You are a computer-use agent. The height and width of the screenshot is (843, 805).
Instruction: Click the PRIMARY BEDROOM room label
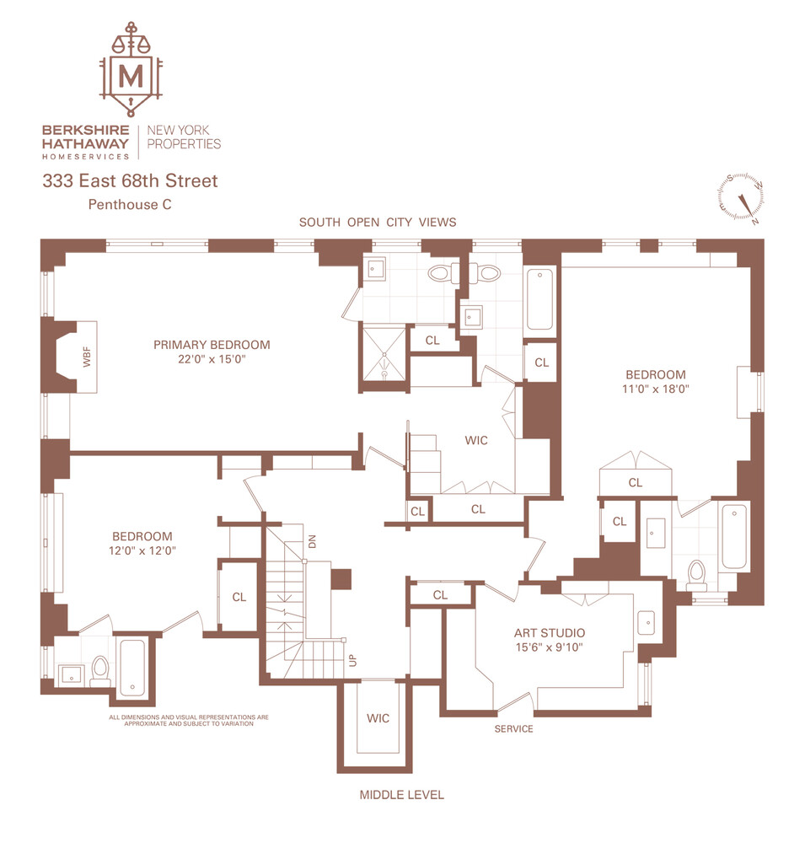212,345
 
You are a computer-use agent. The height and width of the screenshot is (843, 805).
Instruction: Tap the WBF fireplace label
85,357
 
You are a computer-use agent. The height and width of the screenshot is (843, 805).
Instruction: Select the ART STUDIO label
550,633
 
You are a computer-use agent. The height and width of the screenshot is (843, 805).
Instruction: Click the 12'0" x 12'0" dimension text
142,550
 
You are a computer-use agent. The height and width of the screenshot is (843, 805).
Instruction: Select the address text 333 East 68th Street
131,180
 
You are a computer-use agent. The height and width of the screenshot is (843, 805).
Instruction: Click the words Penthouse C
124,204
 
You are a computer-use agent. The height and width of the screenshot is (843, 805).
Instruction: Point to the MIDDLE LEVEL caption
401,795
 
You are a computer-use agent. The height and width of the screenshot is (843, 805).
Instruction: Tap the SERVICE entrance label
513,729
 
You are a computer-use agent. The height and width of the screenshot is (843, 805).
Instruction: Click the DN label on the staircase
312,542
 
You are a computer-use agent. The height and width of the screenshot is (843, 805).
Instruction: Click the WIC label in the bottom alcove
378,718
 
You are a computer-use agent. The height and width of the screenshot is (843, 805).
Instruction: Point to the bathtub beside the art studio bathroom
734,536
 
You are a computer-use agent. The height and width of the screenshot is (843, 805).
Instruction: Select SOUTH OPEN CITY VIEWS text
378,223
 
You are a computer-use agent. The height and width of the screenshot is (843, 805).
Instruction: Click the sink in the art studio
647,620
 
